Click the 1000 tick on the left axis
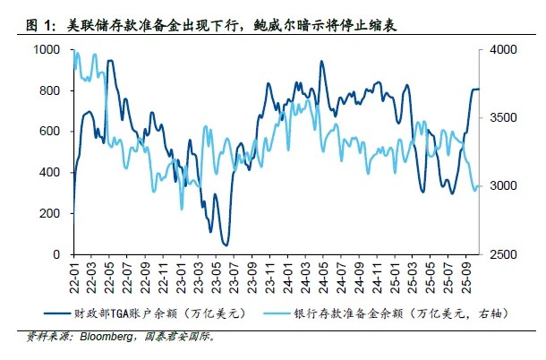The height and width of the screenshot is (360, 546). [x=47, y=51]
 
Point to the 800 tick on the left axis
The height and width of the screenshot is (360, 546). [x=50, y=91]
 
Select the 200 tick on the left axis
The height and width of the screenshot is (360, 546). [x=50, y=214]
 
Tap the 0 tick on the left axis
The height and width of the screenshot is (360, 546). [x=56, y=255]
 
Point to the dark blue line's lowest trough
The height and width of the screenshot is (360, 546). [x=226, y=244]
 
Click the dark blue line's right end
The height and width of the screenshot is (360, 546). [x=479, y=89]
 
